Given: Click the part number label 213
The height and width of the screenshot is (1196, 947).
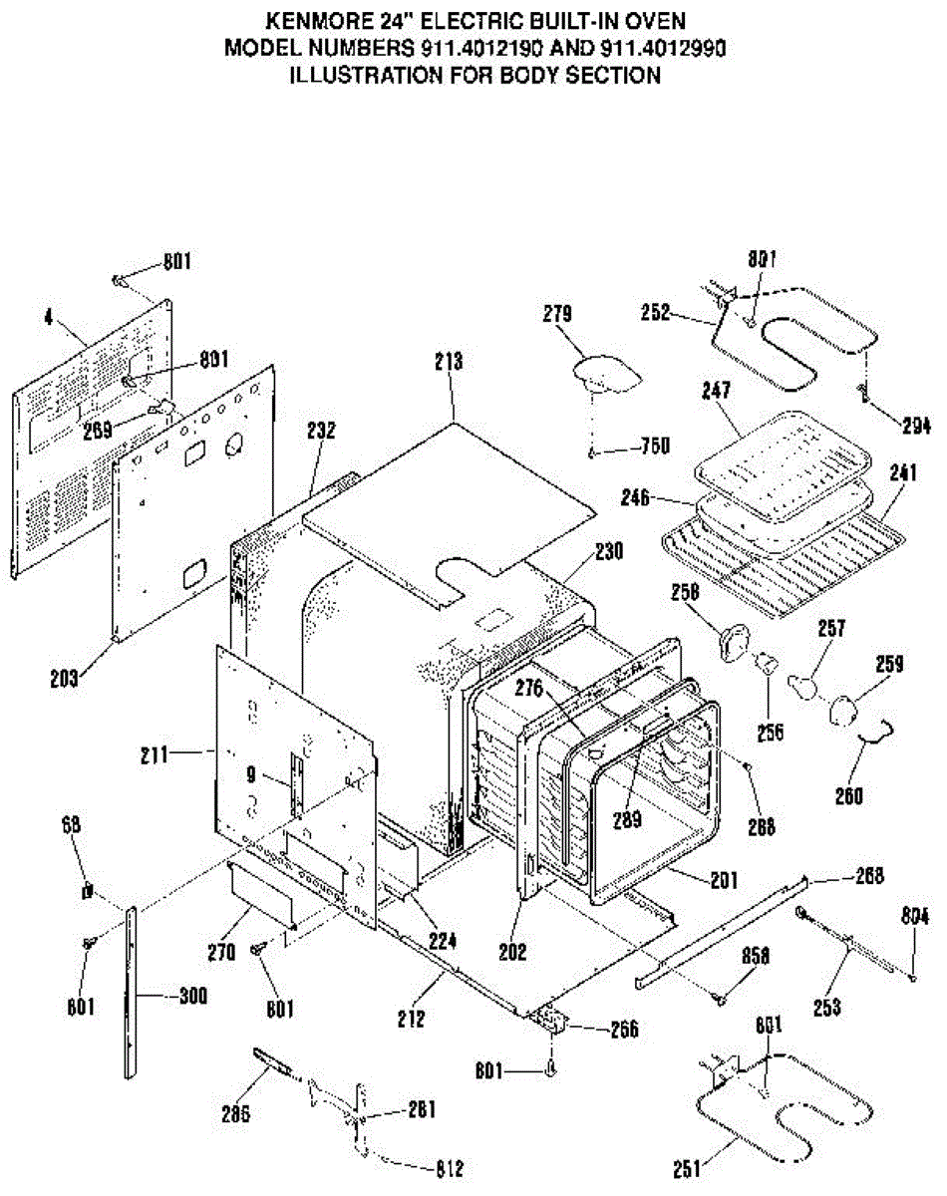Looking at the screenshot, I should (x=449, y=362).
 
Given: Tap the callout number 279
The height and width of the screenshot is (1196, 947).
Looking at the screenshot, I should (x=557, y=314).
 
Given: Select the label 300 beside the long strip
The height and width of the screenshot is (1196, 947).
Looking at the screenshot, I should (x=192, y=996).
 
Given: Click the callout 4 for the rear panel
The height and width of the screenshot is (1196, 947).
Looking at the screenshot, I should (x=47, y=320).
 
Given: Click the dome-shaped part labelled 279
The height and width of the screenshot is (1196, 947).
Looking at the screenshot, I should (x=604, y=373).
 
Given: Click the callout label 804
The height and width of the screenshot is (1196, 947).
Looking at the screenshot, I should (x=914, y=916).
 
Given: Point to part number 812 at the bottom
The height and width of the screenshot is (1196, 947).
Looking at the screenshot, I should (x=448, y=1169).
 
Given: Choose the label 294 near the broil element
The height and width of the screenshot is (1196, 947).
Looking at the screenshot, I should (x=914, y=427).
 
